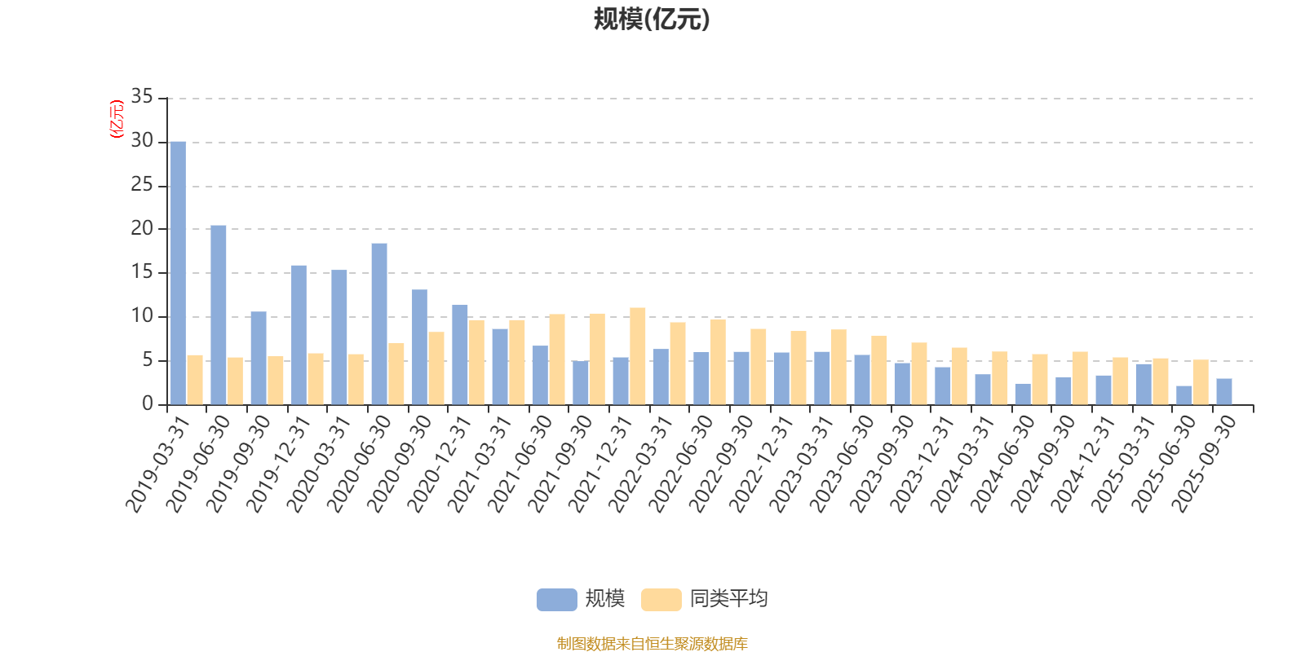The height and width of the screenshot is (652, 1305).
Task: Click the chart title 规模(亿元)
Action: (652, 20)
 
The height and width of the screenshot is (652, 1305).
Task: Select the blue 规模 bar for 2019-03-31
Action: (178, 273)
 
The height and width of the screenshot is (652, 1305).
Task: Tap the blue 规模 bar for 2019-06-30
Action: (219, 315)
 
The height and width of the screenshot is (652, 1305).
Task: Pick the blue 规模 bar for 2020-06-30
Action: (379, 324)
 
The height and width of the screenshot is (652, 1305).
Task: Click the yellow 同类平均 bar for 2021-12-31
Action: (638, 356)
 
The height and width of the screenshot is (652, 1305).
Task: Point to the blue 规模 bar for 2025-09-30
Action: (1224, 391)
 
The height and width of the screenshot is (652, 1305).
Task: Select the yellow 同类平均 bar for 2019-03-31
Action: (195, 380)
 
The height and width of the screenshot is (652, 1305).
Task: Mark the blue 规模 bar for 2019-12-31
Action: (299, 335)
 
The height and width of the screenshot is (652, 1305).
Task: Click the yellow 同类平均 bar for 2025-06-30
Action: (1201, 382)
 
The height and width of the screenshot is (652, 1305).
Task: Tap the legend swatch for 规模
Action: (557, 600)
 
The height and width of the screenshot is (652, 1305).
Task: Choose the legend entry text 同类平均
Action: (728, 599)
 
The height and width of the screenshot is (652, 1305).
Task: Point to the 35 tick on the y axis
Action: (142, 97)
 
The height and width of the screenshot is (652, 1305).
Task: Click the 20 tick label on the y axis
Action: (142, 229)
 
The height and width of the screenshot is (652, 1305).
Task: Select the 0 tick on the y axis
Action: (148, 404)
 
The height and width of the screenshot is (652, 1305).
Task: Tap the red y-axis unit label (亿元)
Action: (116, 119)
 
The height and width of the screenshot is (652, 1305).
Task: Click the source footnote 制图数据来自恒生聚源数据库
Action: (652, 644)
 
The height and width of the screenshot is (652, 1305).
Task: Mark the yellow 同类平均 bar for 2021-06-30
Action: (557, 359)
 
